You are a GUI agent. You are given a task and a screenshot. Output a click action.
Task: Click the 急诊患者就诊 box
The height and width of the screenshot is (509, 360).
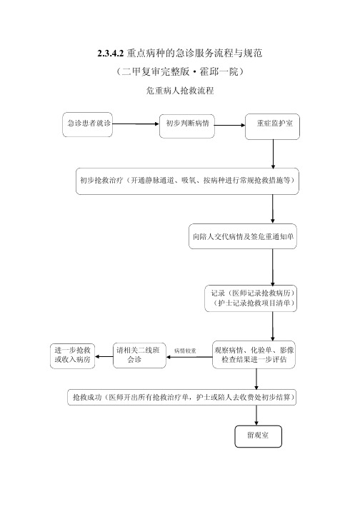click(x=87, y=124)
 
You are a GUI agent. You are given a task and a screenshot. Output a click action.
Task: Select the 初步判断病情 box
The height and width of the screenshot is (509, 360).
click(x=187, y=126)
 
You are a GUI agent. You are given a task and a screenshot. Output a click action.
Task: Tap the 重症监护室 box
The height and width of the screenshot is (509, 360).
click(x=272, y=126)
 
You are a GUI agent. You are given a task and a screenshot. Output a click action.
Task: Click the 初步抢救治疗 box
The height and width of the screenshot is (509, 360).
click(x=187, y=181)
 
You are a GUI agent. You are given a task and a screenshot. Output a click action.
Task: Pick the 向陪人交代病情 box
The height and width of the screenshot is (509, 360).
click(x=243, y=236)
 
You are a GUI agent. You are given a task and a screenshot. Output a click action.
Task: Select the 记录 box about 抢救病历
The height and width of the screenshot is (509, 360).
click(x=251, y=298)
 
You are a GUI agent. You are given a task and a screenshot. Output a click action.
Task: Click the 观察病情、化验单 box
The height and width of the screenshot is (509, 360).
click(x=254, y=355)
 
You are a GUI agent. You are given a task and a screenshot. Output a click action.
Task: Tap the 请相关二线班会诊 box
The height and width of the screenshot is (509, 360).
click(x=139, y=356)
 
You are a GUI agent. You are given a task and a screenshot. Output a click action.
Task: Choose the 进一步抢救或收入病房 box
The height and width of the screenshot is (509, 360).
click(x=72, y=356)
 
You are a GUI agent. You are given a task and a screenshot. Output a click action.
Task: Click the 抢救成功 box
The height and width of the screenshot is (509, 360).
click(x=182, y=397)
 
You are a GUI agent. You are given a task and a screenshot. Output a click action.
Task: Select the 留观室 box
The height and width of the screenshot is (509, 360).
click(x=259, y=436)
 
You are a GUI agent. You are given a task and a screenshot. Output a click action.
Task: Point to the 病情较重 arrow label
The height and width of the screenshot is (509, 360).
click(x=185, y=351)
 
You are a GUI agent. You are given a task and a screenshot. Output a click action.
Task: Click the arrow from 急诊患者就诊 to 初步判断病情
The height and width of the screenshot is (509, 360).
click(x=136, y=124)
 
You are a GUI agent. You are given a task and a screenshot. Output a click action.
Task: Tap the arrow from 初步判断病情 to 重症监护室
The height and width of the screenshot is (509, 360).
click(x=230, y=125)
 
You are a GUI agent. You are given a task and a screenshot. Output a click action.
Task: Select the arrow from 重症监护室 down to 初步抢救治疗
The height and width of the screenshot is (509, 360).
click(x=273, y=154)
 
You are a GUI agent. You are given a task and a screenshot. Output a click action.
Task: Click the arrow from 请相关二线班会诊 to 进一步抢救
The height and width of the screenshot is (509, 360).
click(x=104, y=356)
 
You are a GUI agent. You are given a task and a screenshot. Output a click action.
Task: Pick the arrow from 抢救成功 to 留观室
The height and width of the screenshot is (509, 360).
click(x=256, y=415)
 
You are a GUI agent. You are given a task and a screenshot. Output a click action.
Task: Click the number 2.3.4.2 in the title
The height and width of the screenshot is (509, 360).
click(x=111, y=54)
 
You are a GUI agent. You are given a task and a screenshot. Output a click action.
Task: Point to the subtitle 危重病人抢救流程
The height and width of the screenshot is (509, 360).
click(x=180, y=90)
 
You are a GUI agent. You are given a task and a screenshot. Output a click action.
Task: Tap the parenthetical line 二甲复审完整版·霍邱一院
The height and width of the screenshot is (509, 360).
click(x=180, y=71)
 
